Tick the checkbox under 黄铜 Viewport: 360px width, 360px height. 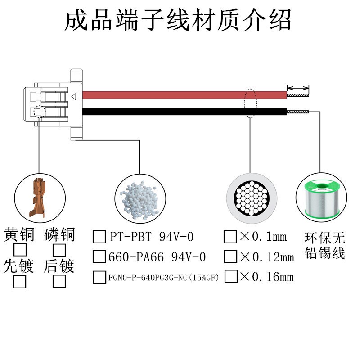(x=20, y=249)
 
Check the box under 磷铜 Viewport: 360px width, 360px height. (x=59, y=249)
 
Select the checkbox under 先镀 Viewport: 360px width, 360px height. (x=20, y=282)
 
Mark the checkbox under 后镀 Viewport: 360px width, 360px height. (x=59, y=282)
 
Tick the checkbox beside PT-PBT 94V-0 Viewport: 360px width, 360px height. (x=99, y=236)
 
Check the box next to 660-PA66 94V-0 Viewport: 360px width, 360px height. (x=99, y=256)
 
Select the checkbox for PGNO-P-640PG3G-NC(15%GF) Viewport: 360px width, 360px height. (x=99, y=277)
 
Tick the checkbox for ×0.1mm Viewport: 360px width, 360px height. (x=230, y=236)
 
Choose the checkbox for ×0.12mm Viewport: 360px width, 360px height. (x=230, y=256)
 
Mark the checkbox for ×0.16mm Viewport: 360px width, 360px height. (x=230, y=276)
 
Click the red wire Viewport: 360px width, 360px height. (x=180, y=95)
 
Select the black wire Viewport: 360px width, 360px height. (x=180, y=112)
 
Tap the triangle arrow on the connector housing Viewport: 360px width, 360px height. (x=74, y=96)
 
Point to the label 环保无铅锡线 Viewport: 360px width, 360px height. (x=324, y=245)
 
